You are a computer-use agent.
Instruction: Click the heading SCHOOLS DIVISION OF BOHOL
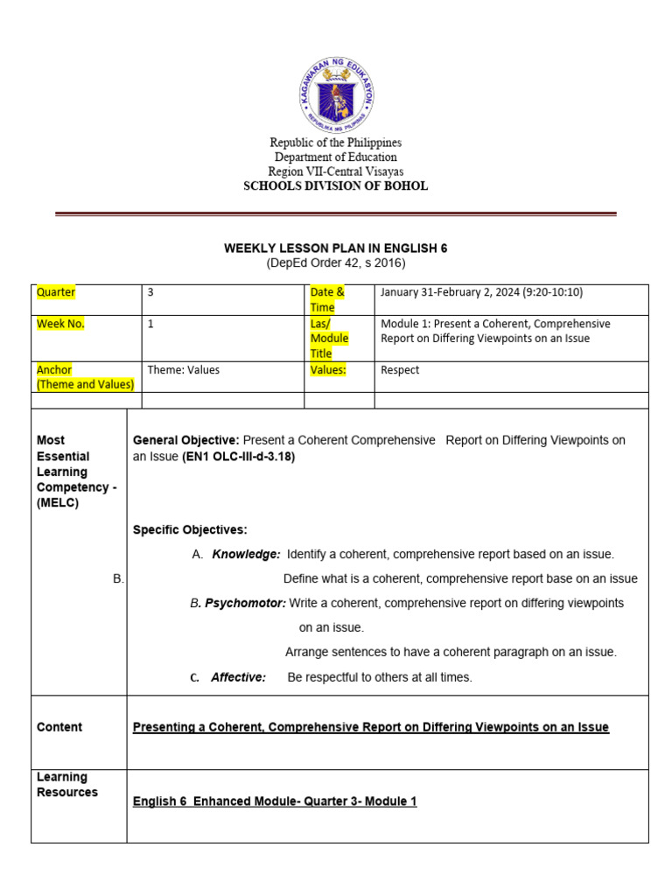pos(335,186)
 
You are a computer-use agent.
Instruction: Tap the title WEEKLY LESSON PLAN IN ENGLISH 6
pos(335,248)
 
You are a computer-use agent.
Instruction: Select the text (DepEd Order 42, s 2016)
pos(335,263)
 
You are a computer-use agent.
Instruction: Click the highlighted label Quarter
pos(56,292)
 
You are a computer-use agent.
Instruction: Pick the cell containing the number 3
pos(150,293)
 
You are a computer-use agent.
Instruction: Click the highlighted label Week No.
pos(60,324)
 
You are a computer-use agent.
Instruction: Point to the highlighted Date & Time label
pos(327,299)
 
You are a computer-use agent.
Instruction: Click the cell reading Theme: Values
pos(183,370)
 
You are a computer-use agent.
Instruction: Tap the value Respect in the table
pos(400,370)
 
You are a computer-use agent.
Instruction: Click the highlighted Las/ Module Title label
pos(329,338)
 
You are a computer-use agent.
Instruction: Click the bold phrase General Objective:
pos(185,440)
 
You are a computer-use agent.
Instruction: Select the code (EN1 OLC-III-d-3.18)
pos(238,456)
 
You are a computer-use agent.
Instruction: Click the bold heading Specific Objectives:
pos(190,529)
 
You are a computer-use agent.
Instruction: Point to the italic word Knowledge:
pos(246,554)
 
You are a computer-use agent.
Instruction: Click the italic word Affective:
pos(238,677)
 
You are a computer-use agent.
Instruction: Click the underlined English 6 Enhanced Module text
pos(274,801)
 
